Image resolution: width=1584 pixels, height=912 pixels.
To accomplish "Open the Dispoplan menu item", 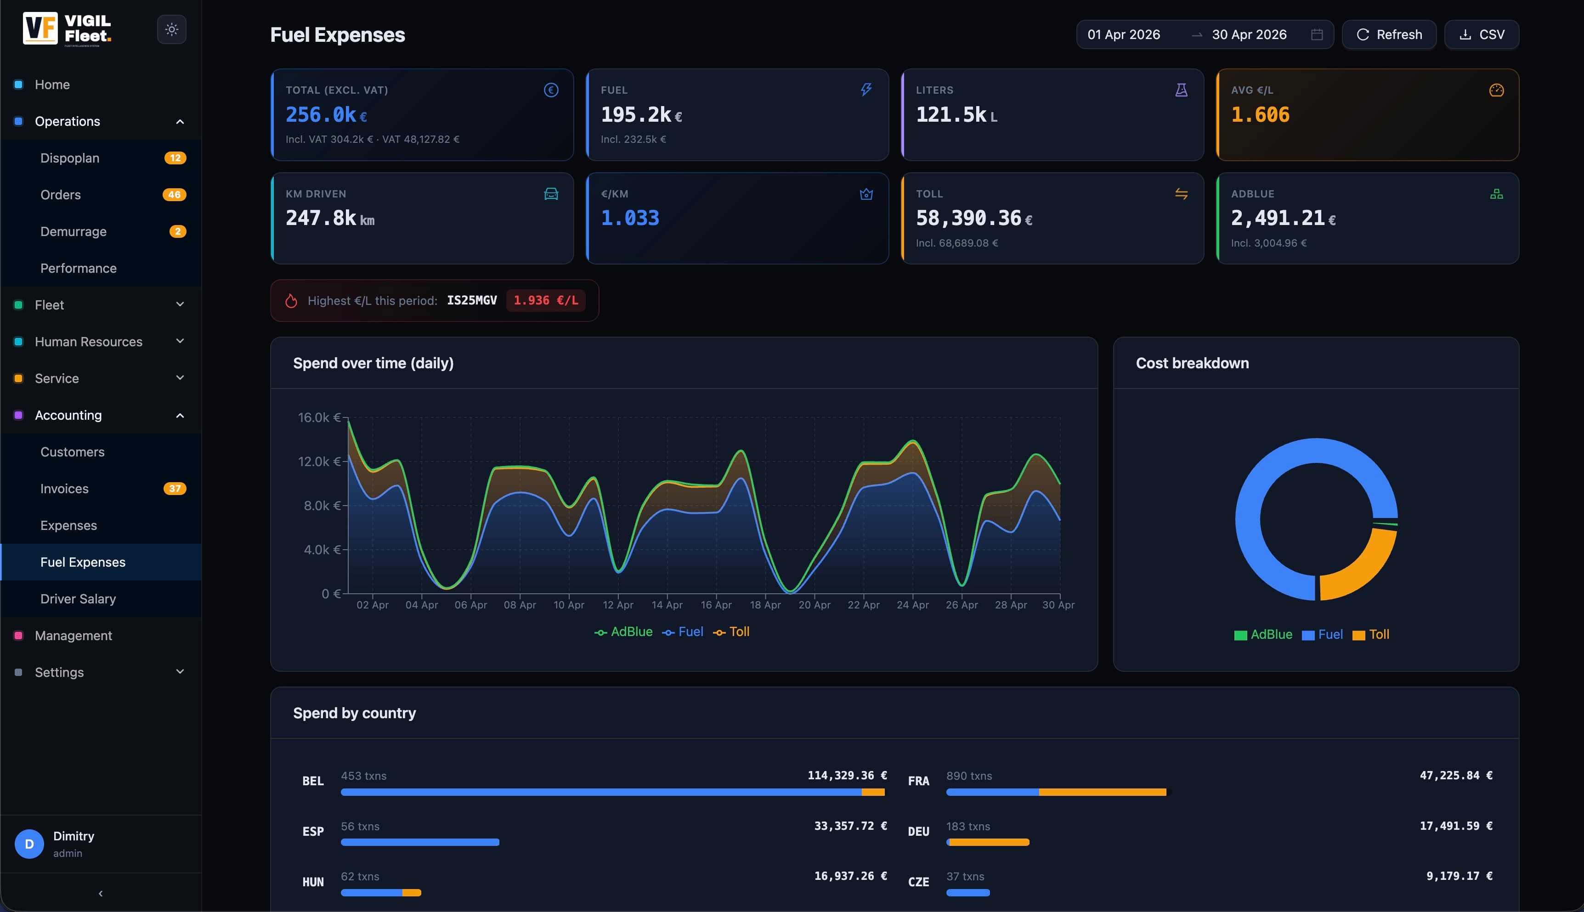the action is click(x=69, y=158).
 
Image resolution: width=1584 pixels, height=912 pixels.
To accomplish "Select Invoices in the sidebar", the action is click(x=64, y=489).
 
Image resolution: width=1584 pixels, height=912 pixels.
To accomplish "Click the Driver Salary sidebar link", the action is click(x=78, y=599).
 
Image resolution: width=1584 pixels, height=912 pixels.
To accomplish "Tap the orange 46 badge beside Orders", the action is click(x=174, y=195).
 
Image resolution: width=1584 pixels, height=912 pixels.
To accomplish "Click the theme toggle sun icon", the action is click(x=172, y=29).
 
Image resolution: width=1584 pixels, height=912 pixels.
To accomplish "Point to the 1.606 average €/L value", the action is click(x=1260, y=115).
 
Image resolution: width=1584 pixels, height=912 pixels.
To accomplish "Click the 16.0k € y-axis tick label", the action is click(x=319, y=417).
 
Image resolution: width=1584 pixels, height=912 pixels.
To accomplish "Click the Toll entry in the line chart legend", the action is click(x=731, y=632).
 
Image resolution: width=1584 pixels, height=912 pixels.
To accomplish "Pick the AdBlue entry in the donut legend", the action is click(x=1263, y=635).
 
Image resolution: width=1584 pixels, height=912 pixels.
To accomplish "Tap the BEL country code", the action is click(x=313, y=781).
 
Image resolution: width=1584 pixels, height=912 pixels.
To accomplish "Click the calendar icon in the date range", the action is click(x=1317, y=34).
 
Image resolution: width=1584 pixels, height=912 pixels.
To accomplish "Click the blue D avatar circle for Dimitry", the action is click(x=29, y=844).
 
